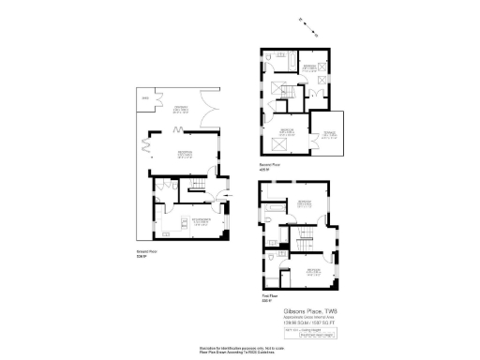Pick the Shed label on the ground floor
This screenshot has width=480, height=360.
[x=144, y=98]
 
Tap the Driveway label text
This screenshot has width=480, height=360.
[x=181, y=109]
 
